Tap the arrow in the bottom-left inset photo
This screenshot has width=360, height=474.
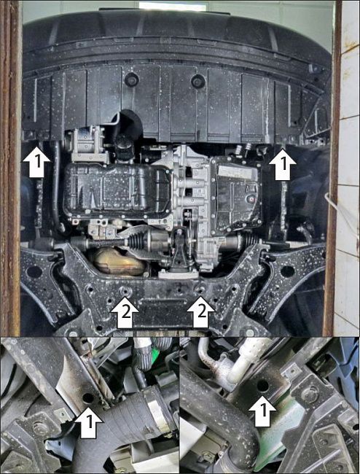click(x=88, y=422)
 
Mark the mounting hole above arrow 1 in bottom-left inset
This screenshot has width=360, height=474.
click(x=87, y=398)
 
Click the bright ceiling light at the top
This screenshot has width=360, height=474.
click(x=162, y=6)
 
